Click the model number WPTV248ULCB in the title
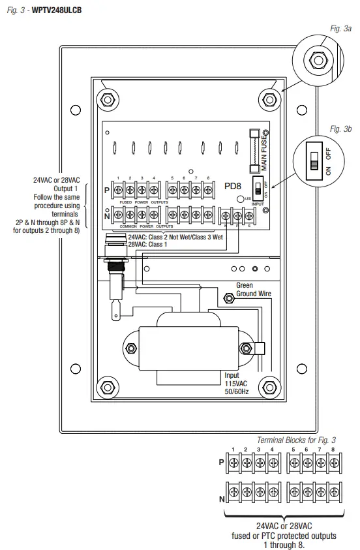[60, 11]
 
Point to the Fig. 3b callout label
[340, 129]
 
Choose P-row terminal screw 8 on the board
[207, 190]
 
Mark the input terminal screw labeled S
[249, 214]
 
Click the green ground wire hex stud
[229, 298]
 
